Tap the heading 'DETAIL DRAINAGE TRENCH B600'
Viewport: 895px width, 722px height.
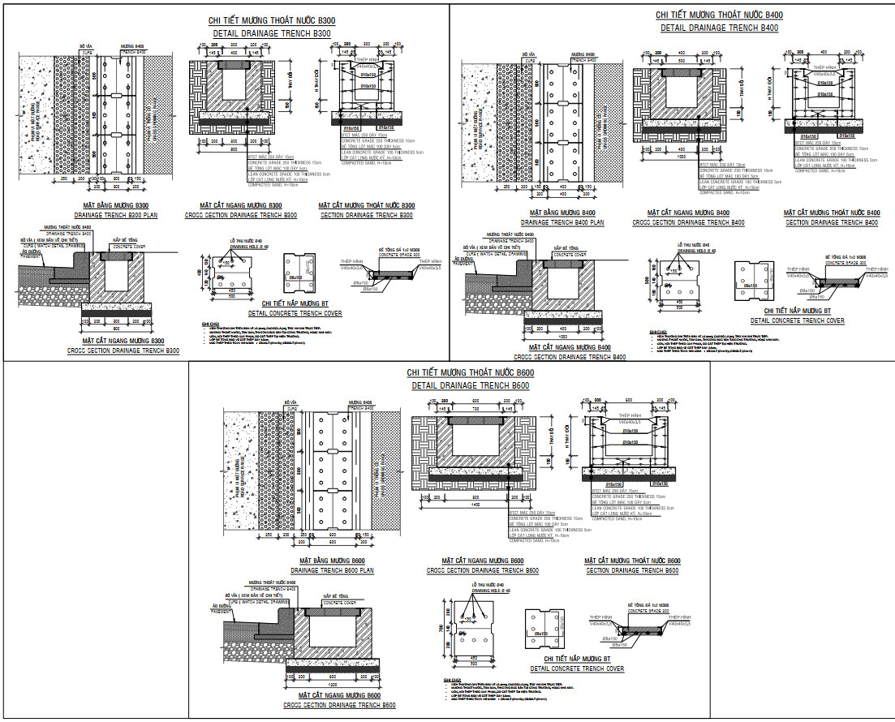coord(471,385)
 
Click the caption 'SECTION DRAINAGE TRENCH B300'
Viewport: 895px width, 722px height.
coord(367,215)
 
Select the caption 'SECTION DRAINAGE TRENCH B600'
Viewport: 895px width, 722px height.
coord(632,570)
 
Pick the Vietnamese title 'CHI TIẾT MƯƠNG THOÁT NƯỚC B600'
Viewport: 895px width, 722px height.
coord(471,372)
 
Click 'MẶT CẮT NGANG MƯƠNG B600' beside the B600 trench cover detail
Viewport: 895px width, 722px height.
coord(482,561)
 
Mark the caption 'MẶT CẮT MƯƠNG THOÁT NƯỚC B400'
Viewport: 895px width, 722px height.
coord(833,213)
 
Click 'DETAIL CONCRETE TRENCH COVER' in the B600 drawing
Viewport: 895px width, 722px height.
coord(577,669)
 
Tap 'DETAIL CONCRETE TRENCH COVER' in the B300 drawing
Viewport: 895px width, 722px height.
coord(295,312)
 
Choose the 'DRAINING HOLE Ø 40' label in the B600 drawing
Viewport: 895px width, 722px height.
coord(484,591)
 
